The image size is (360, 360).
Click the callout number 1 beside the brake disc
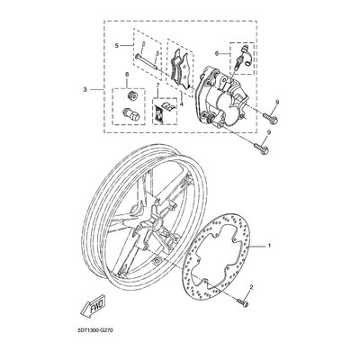coord(269,246)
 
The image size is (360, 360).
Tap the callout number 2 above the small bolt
coord(251,288)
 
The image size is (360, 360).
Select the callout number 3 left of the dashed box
coord(85,89)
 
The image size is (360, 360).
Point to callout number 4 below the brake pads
coord(181,104)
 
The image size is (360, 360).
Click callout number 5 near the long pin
coord(117,46)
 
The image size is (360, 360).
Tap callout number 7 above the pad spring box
coord(157,86)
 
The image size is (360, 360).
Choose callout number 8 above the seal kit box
coord(127,75)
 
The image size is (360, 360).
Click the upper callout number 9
coord(277,103)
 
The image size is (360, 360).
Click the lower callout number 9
coord(269,132)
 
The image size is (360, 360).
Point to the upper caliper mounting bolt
coord(270,117)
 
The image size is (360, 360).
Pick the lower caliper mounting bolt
coord(262,148)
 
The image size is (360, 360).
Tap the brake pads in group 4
coord(181,69)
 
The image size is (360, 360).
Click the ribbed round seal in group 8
coord(131,95)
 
